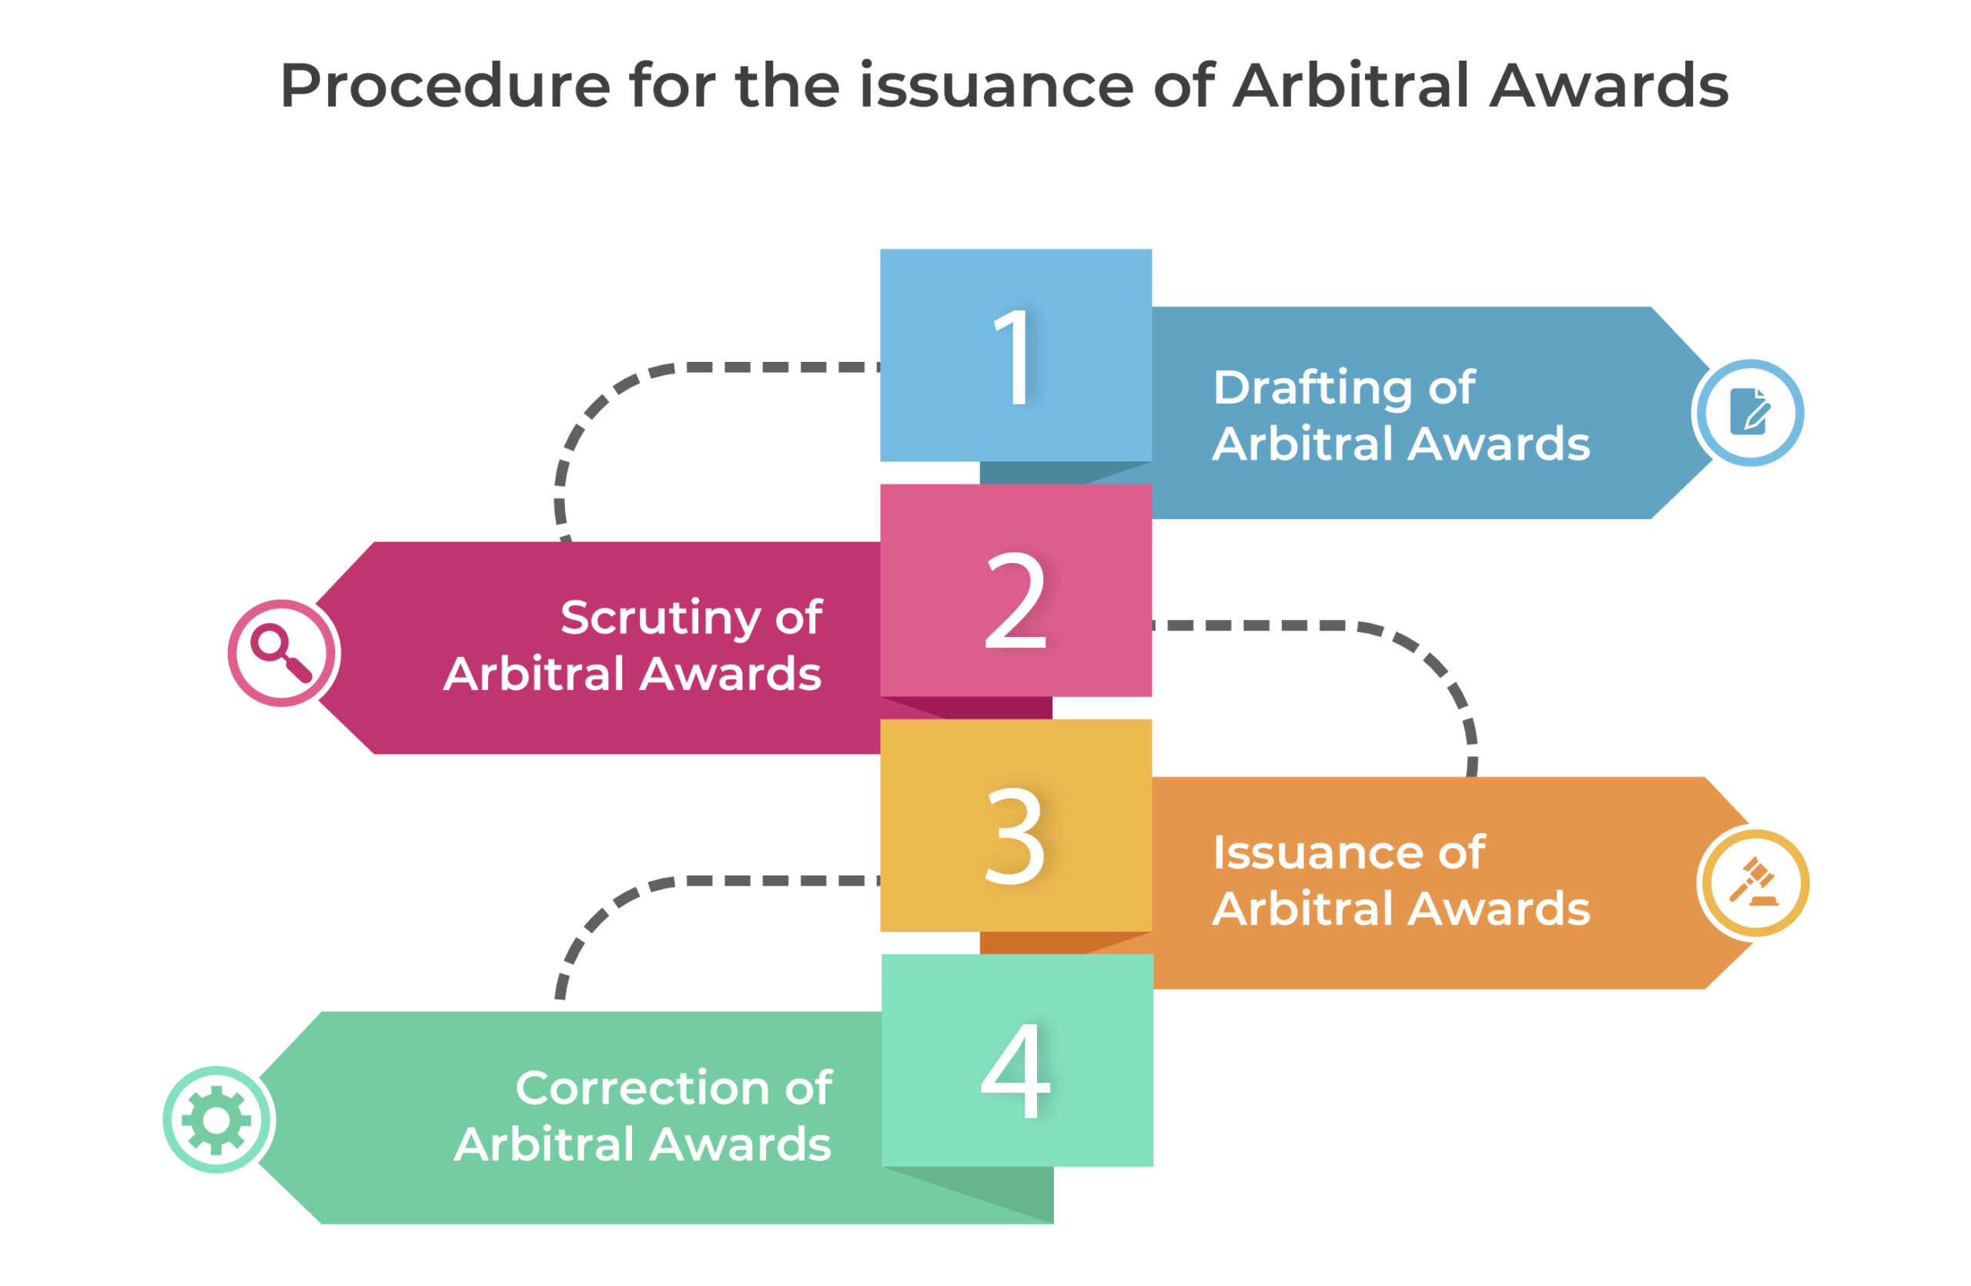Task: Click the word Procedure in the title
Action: (x=446, y=86)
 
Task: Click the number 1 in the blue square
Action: (x=1015, y=357)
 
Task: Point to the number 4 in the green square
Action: (x=1016, y=1069)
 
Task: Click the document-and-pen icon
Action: (x=1749, y=411)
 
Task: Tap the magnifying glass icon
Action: (x=282, y=653)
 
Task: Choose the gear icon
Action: (x=216, y=1120)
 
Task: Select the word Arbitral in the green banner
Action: (x=544, y=1144)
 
